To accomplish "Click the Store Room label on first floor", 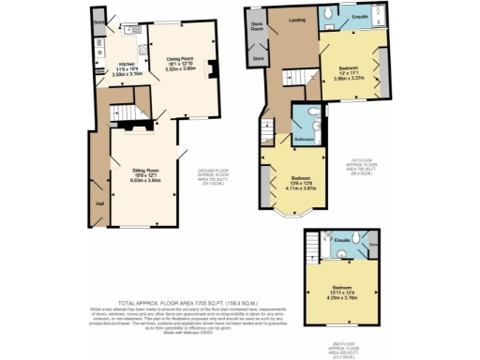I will click(x=255, y=26).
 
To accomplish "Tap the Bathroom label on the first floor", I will click(x=303, y=138).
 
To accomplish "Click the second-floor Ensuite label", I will click(x=342, y=240).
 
